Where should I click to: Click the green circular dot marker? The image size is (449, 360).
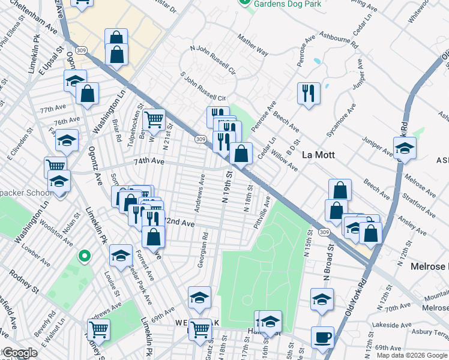[85, 257]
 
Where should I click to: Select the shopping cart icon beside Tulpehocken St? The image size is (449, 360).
[154, 119]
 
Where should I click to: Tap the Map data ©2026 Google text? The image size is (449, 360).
[412, 355]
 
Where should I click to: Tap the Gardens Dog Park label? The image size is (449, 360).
[287, 4]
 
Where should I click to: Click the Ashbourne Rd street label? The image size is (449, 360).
[339, 39]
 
